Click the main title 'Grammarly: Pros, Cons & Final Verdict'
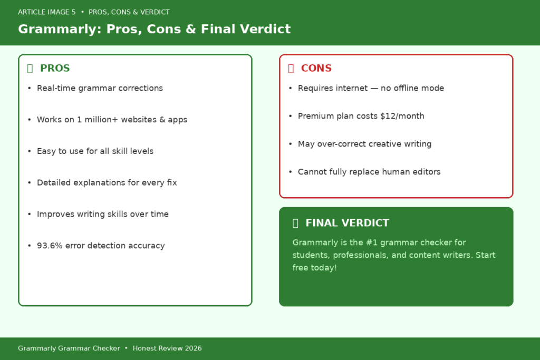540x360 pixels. (154, 29)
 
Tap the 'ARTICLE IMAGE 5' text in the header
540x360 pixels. (46, 12)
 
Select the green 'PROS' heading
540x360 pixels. (55, 68)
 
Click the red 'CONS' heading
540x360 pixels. (316, 68)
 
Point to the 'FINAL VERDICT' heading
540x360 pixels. (347, 223)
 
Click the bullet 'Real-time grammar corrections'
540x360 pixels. (100, 88)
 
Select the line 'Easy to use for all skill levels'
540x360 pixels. (95, 151)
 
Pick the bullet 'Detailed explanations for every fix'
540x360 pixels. (107, 183)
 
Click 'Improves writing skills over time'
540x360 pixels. (103, 215)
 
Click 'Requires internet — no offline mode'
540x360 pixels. (371, 88)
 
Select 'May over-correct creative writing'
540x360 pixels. (364, 144)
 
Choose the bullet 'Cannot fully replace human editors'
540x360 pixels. (369, 172)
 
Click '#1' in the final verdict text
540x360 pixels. (371, 242)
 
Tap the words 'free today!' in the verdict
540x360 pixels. (314, 268)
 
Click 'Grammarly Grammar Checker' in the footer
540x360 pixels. (69, 348)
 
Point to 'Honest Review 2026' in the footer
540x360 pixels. (167, 348)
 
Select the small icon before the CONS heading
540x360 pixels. (291, 68)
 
